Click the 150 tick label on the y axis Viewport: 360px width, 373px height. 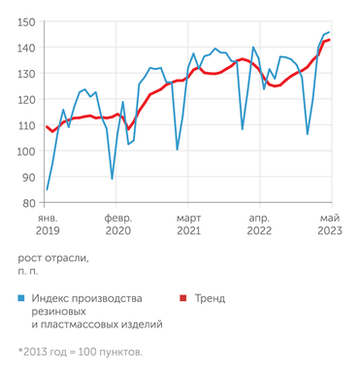(26, 22)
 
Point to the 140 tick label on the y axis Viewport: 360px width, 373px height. (26, 49)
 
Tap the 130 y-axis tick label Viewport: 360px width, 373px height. (26, 74)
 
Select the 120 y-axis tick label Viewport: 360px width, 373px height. (26, 100)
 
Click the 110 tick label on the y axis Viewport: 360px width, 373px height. (26, 126)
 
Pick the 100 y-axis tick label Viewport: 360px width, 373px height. (26, 152)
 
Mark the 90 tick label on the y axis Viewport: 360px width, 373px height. (29, 178)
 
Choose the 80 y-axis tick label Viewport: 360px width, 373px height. (29, 204)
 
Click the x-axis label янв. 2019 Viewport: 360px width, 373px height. (48, 224)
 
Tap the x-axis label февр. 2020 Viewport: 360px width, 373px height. (117, 224)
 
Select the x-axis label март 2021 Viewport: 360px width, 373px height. (188, 224)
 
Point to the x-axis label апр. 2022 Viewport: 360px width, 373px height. (259, 224)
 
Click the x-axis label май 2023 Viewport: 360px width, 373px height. (330, 224)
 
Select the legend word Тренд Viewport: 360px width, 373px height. (210, 298)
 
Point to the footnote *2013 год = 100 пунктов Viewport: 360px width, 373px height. (80, 351)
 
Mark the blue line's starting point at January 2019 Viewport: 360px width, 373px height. (48, 189)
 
